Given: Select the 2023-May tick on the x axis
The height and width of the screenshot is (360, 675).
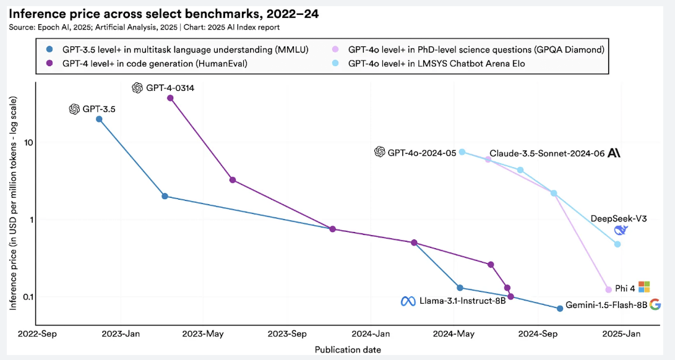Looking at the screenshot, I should (x=203, y=335).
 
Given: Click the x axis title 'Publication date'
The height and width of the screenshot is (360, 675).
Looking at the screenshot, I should (x=348, y=349).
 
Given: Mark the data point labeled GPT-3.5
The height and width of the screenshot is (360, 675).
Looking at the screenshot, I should (x=99, y=119).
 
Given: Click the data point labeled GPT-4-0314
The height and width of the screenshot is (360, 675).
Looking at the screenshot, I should (x=170, y=98).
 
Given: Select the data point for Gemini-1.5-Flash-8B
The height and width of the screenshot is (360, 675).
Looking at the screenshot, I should (x=560, y=308).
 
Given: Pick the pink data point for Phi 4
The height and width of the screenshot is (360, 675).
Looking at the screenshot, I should (x=608, y=289).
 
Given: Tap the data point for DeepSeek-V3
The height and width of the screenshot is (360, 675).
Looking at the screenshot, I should (x=617, y=244).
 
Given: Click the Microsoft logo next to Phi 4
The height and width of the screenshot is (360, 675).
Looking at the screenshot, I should (x=644, y=287).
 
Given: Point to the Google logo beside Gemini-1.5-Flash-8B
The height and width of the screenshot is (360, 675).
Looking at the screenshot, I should (x=655, y=304).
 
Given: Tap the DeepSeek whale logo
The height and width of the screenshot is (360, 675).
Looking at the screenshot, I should (x=621, y=230).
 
